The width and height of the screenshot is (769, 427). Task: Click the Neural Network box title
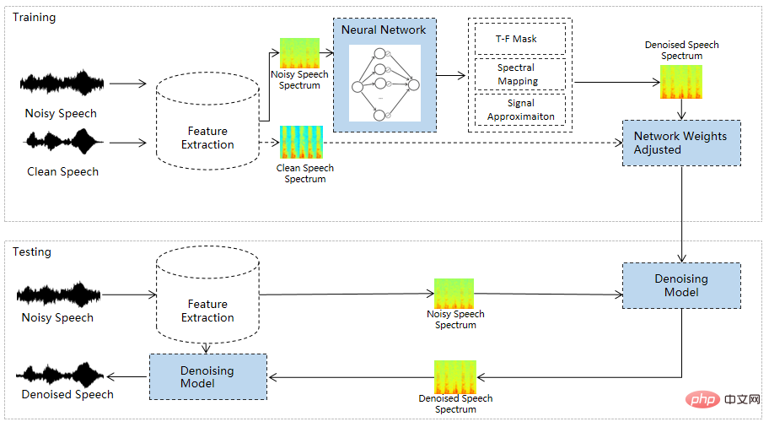tap(384, 30)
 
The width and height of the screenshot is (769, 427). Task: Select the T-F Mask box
tap(517, 39)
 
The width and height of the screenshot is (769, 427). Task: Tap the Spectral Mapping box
tap(517, 74)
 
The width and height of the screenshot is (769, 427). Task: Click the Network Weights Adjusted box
tap(680, 143)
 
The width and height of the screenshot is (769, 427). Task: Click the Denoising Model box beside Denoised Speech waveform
tap(207, 376)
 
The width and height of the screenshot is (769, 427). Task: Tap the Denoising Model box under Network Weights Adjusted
tap(681, 285)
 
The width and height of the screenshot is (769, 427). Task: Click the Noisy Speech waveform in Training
tap(62, 84)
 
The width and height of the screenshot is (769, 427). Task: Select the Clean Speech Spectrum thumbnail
tap(301, 142)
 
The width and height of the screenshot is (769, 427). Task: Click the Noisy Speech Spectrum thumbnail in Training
tap(299, 53)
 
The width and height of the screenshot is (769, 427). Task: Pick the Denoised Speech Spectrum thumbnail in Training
tap(681, 82)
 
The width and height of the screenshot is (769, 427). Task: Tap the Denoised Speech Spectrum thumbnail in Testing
tap(455, 376)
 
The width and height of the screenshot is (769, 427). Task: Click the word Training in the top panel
tap(34, 18)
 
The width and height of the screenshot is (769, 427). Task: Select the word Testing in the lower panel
tap(32, 251)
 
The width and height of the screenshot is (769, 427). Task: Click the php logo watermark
tap(698, 397)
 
